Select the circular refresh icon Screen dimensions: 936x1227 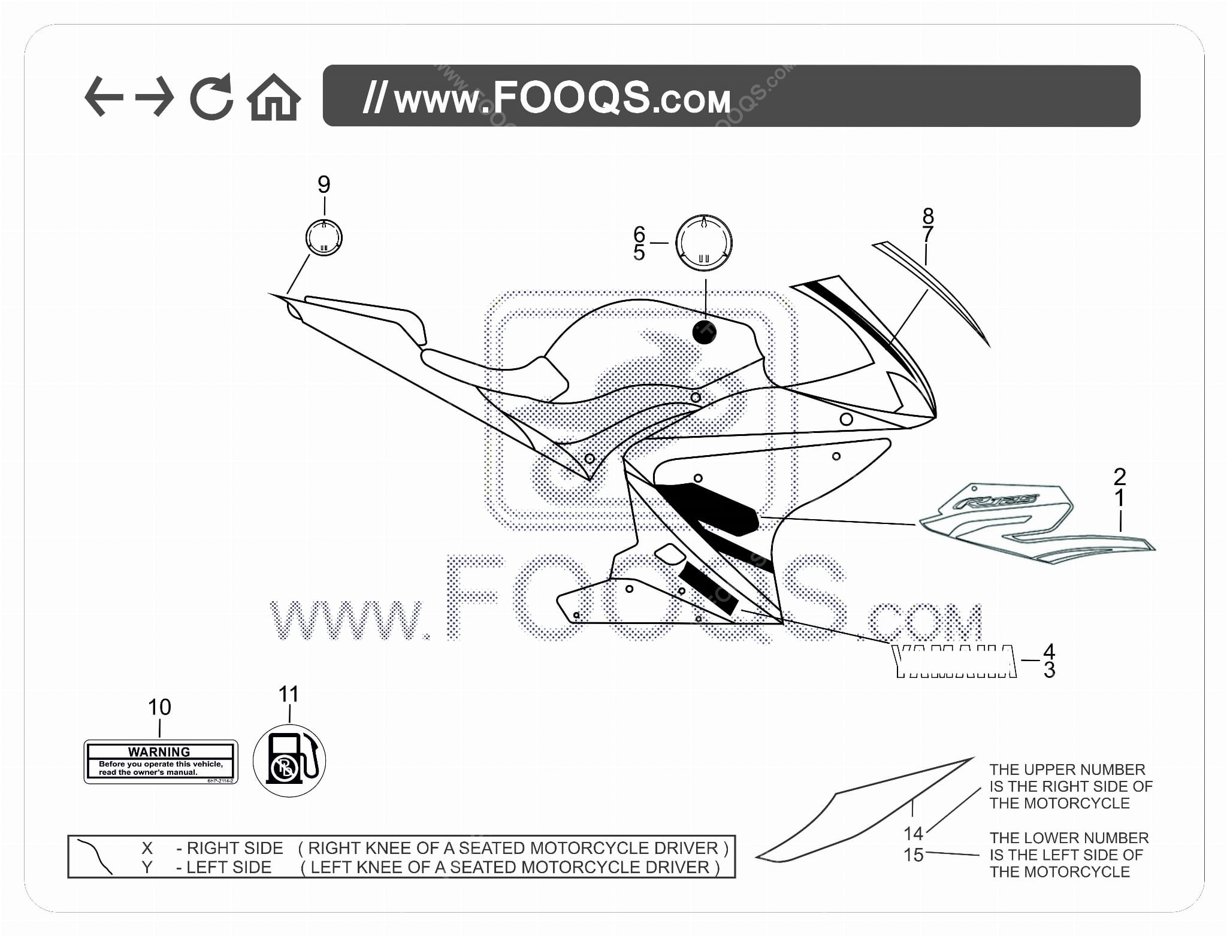tap(211, 97)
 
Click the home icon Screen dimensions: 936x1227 tap(274, 98)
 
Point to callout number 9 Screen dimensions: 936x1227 tap(324, 184)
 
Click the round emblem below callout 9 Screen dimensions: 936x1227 tap(324, 238)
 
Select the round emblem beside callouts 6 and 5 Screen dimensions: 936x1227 tap(704, 243)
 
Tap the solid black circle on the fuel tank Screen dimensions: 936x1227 tap(705, 332)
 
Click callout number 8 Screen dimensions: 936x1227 tap(928, 215)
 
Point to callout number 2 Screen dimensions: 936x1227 tap(1119, 477)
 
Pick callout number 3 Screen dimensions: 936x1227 tap(1049, 670)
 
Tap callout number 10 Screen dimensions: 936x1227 tap(159, 707)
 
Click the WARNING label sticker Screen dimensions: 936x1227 tap(161, 762)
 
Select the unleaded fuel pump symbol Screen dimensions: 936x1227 tap(289, 761)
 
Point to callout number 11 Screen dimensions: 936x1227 tap(289, 694)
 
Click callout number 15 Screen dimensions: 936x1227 tap(914, 855)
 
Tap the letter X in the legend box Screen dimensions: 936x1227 tap(147, 848)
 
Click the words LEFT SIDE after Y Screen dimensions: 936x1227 tap(229, 867)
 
